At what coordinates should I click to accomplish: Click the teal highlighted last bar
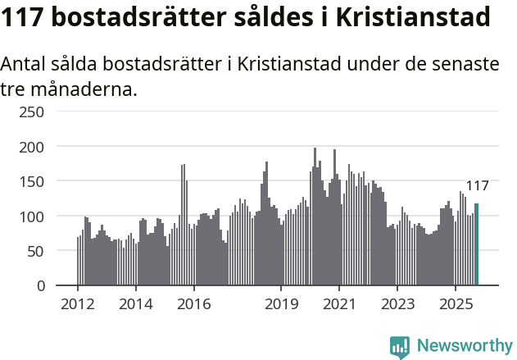tap(476, 244)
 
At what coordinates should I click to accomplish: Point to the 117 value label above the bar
tap(477, 185)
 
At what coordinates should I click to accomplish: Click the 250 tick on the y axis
tap(32, 112)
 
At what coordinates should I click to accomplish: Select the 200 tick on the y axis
tap(32, 146)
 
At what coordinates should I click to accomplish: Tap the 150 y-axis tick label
tap(32, 181)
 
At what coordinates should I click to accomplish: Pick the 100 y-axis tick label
tap(32, 216)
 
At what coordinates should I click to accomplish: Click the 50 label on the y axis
tap(36, 251)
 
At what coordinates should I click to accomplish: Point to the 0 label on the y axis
tap(40, 285)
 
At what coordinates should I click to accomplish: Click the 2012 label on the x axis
tap(78, 304)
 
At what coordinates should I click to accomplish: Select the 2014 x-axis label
tap(136, 304)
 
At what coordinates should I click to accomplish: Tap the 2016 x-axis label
tap(193, 304)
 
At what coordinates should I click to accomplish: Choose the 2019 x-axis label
tap(281, 304)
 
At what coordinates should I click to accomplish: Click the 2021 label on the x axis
tap(339, 304)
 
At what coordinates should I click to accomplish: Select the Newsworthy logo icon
tap(400, 347)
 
